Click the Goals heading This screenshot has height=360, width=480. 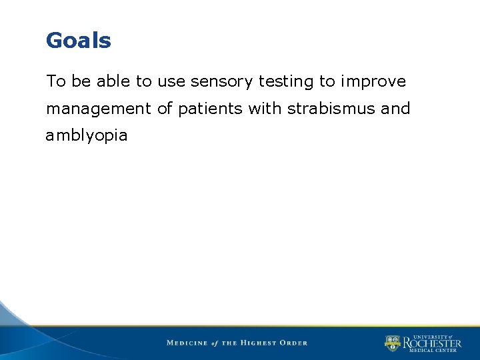click(x=78, y=41)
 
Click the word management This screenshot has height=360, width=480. click(x=99, y=109)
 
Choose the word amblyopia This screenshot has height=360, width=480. click(x=87, y=135)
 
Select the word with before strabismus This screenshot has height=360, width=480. click(x=265, y=108)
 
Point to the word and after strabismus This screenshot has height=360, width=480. click(x=395, y=108)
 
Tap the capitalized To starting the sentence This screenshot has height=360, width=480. click(x=55, y=81)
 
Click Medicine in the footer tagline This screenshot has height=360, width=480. click(x=187, y=343)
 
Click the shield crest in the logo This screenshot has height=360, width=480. click(x=392, y=343)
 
